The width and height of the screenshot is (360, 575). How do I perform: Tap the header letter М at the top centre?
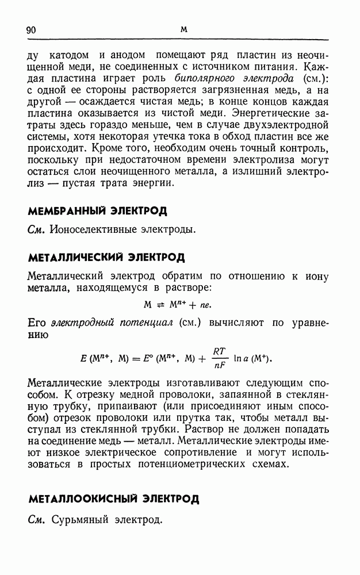(x=184, y=29)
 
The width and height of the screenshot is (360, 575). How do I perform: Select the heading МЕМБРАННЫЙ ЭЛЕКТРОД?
(x=97, y=210)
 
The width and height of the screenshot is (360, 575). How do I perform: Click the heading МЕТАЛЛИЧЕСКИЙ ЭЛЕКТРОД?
(x=106, y=257)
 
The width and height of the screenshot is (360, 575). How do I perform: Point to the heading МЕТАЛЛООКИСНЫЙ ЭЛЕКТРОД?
(x=113, y=498)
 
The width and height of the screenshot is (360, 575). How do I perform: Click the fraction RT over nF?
(x=219, y=356)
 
